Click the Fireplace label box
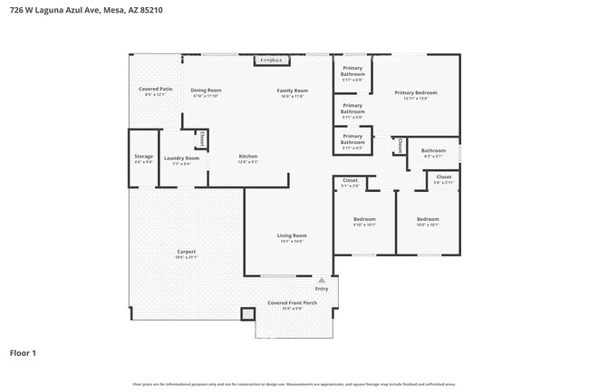(271, 61)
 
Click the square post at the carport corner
(247, 314)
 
